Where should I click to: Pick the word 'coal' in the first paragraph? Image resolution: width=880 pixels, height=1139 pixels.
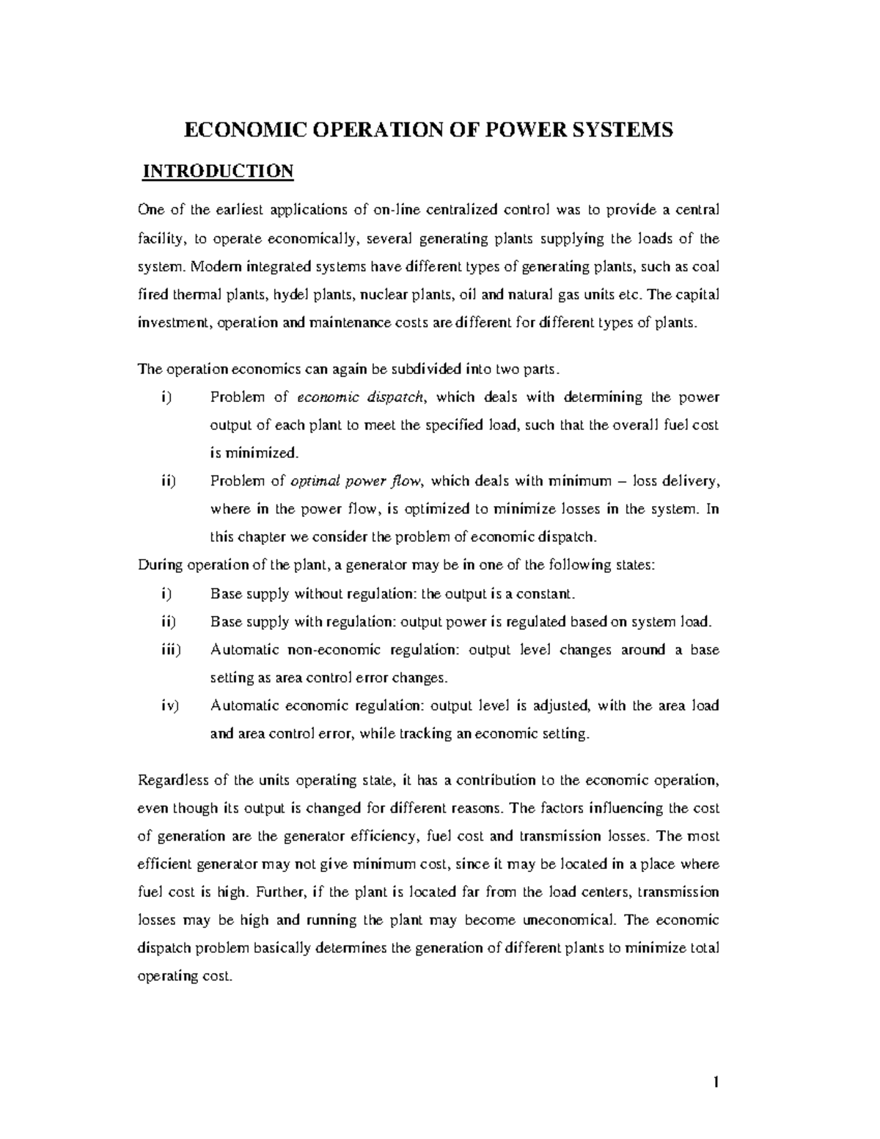tap(706, 267)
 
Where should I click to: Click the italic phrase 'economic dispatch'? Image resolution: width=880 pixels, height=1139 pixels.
tap(360, 398)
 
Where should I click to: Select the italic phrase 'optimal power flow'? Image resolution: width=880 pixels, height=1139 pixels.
tap(357, 482)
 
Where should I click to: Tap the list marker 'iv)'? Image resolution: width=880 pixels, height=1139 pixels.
tap(169, 706)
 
